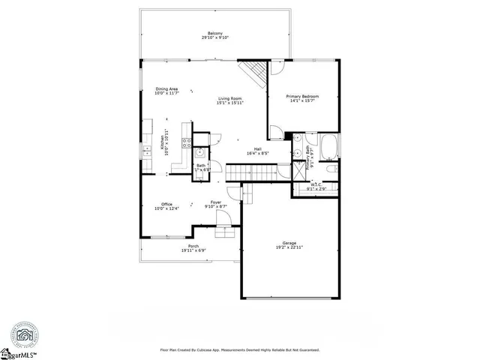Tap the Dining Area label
tap(166, 89)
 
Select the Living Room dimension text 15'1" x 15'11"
tap(229, 103)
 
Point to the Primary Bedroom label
tap(303, 97)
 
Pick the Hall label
tap(256, 148)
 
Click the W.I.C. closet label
tap(315, 184)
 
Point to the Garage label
tap(289, 242)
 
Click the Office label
tap(167, 203)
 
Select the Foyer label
tap(216, 202)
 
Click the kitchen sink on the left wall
tap(146, 151)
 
